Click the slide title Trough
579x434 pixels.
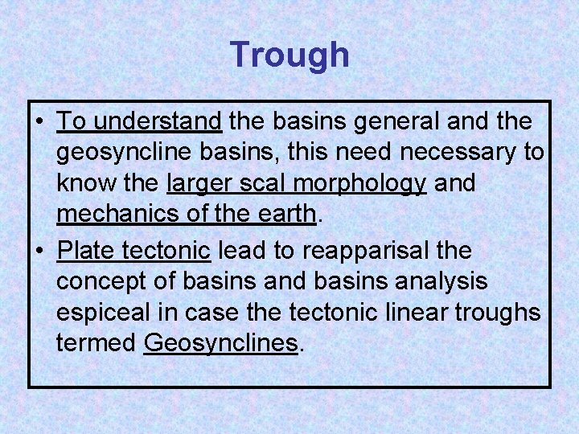[x=289, y=55]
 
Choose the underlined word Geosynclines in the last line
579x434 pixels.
[x=220, y=343]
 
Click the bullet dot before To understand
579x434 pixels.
[x=39, y=122]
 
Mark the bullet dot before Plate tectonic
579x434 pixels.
[x=39, y=252]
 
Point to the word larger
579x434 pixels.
[x=202, y=183]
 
